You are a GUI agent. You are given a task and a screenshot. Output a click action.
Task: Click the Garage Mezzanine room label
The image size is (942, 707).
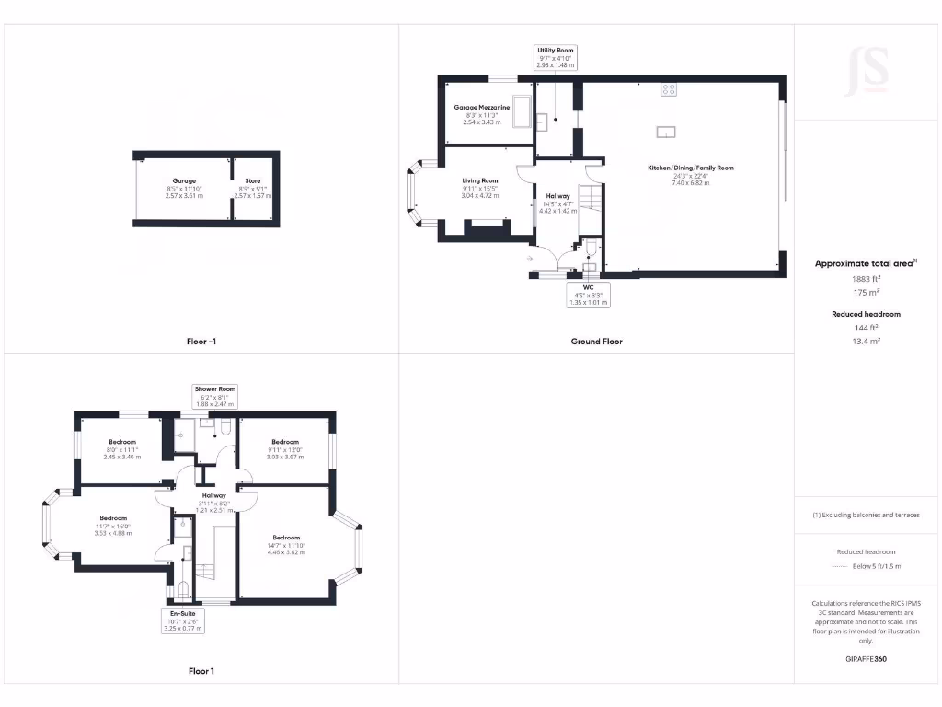tap(482, 108)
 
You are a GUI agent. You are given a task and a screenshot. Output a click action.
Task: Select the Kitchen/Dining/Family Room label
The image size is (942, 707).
tap(690, 168)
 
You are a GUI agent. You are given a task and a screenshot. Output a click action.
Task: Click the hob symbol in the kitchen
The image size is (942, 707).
tap(669, 90)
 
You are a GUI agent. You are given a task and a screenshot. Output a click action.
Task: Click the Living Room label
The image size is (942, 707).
tap(480, 180)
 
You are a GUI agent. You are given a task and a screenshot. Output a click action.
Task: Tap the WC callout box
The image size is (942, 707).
tap(586, 295)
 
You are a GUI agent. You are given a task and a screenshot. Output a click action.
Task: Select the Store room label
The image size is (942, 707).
tap(253, 180)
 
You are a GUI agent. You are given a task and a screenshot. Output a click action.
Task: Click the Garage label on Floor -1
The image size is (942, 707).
tap(183, 180)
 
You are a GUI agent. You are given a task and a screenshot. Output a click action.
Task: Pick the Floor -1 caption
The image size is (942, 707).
tap(201, 342)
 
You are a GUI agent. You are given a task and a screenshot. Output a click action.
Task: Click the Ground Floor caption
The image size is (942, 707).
tap(596, 342)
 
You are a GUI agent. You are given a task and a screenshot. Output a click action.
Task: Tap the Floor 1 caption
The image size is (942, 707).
tap(201, 671)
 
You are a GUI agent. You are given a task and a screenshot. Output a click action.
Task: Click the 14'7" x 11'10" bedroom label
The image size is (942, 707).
tap(286, 538)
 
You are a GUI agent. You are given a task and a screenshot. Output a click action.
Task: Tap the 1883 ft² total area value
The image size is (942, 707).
tap(866, 278)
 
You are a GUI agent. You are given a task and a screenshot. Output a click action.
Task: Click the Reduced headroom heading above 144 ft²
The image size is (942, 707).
tap(866, 314)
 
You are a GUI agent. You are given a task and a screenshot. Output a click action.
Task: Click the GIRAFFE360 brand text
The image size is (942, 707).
tap(866, 659)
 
